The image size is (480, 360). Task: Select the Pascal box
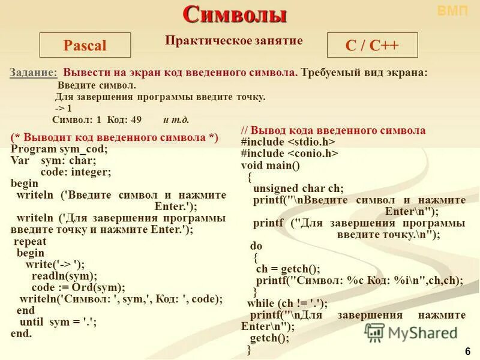click(x=85, y=46)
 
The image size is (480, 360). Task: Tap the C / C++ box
click(x=372, y=46)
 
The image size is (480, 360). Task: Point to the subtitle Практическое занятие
click(x=234, y=40)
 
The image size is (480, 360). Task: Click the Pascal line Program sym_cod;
click(x=59, y=149)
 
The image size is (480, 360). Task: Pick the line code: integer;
click(x=76, y=172)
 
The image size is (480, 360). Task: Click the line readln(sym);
click(x=64, y=276)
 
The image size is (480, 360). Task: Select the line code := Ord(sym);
click(x=79, y=287)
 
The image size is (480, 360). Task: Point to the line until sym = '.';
click(x=57, y=322)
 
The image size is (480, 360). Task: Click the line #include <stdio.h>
click(x=288, y=142)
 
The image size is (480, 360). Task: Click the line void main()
click(x=270, y=165)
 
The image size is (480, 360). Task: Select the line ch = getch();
click(x=288, y=269)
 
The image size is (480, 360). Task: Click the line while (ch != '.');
click(x=287, y=304)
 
